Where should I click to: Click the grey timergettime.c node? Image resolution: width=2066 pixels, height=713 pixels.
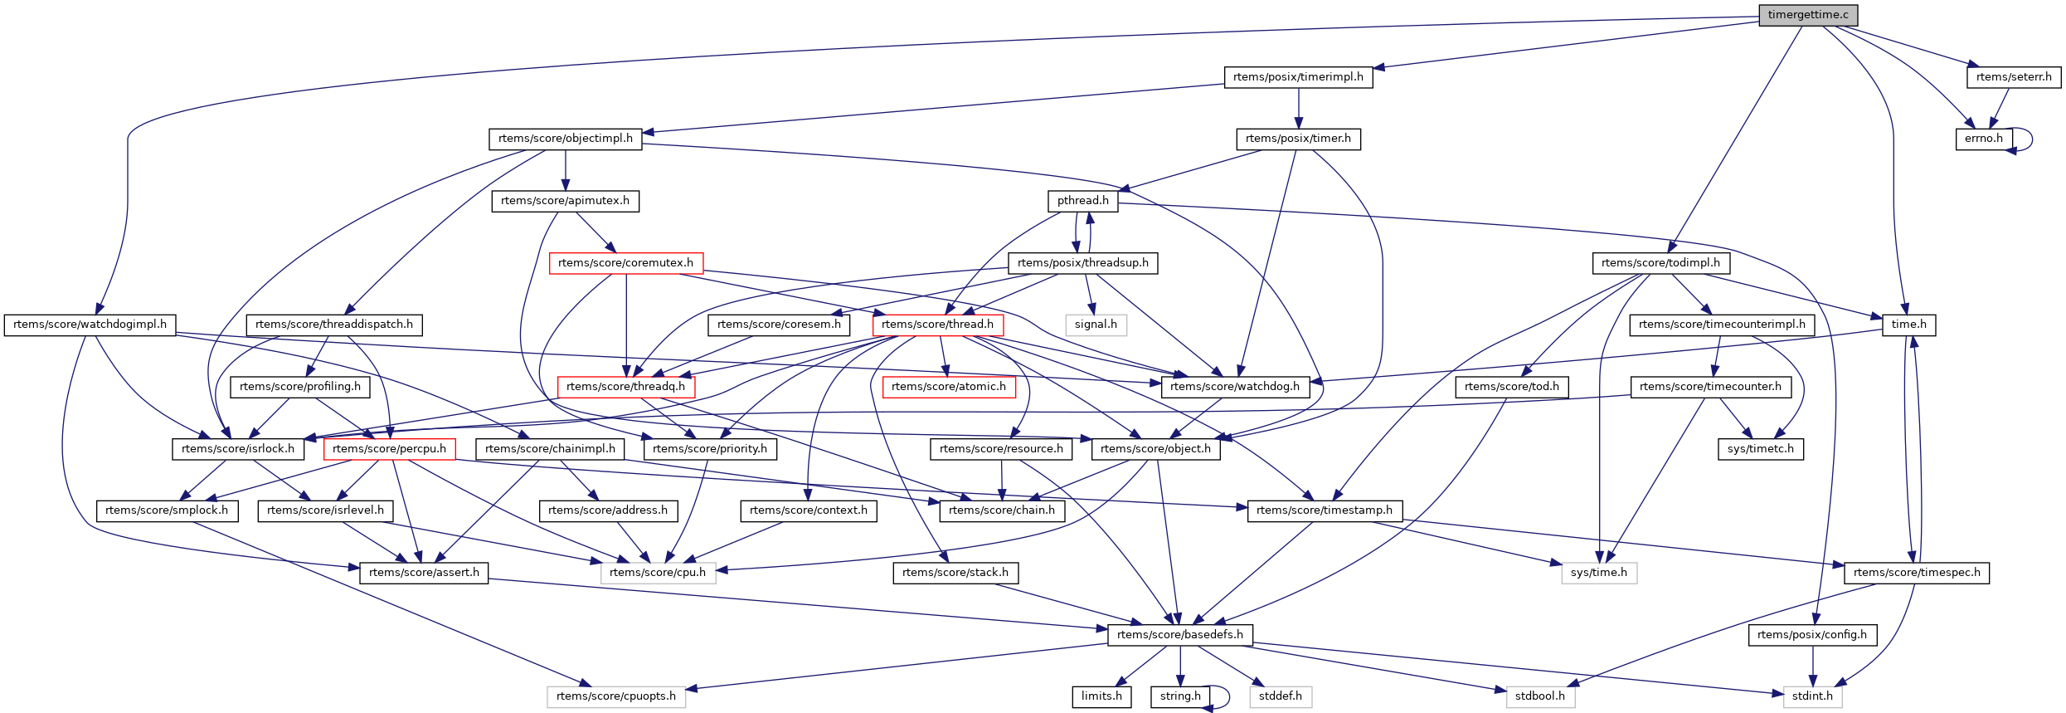(x=1808, y=15)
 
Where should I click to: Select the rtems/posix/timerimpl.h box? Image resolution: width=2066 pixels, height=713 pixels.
(x=1298, y=77)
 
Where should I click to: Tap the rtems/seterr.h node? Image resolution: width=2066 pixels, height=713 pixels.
(x=2014, y=77)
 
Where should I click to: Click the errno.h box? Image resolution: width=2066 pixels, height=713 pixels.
(x=1983, y=139)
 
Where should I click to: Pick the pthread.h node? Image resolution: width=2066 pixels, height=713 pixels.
(x=1082, y=201)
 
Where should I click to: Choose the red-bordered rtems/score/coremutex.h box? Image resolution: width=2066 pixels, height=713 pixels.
(x=625, y=263)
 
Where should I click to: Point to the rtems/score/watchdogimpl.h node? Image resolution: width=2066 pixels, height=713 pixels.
(x=90, y=325)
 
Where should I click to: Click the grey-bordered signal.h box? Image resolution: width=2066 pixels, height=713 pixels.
(x=1096, y=325)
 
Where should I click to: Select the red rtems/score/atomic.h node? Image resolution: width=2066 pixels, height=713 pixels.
(x=949, y=387)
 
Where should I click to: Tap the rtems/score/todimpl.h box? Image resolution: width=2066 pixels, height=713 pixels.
(x=1660, y=263)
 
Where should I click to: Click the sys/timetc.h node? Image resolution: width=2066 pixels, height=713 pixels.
(x=1760, y=449)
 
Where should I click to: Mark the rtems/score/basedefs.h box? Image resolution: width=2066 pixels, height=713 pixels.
(x=1179, y=635)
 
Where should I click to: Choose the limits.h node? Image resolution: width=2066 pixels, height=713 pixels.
(x=1101, y=696)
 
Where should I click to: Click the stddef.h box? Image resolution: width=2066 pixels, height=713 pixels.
(x=1280, y=696)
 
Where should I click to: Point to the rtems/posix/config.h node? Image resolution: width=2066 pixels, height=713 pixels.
(x=1812, y=635)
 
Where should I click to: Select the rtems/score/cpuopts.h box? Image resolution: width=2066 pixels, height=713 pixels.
(x=616, y=696)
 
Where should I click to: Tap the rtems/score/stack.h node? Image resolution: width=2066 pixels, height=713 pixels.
(x=955, y=573)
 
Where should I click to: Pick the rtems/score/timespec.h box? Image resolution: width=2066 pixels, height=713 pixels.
(x=1917, y=573)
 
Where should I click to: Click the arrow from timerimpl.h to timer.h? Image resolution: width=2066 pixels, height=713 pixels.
(x=1299, y=108)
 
